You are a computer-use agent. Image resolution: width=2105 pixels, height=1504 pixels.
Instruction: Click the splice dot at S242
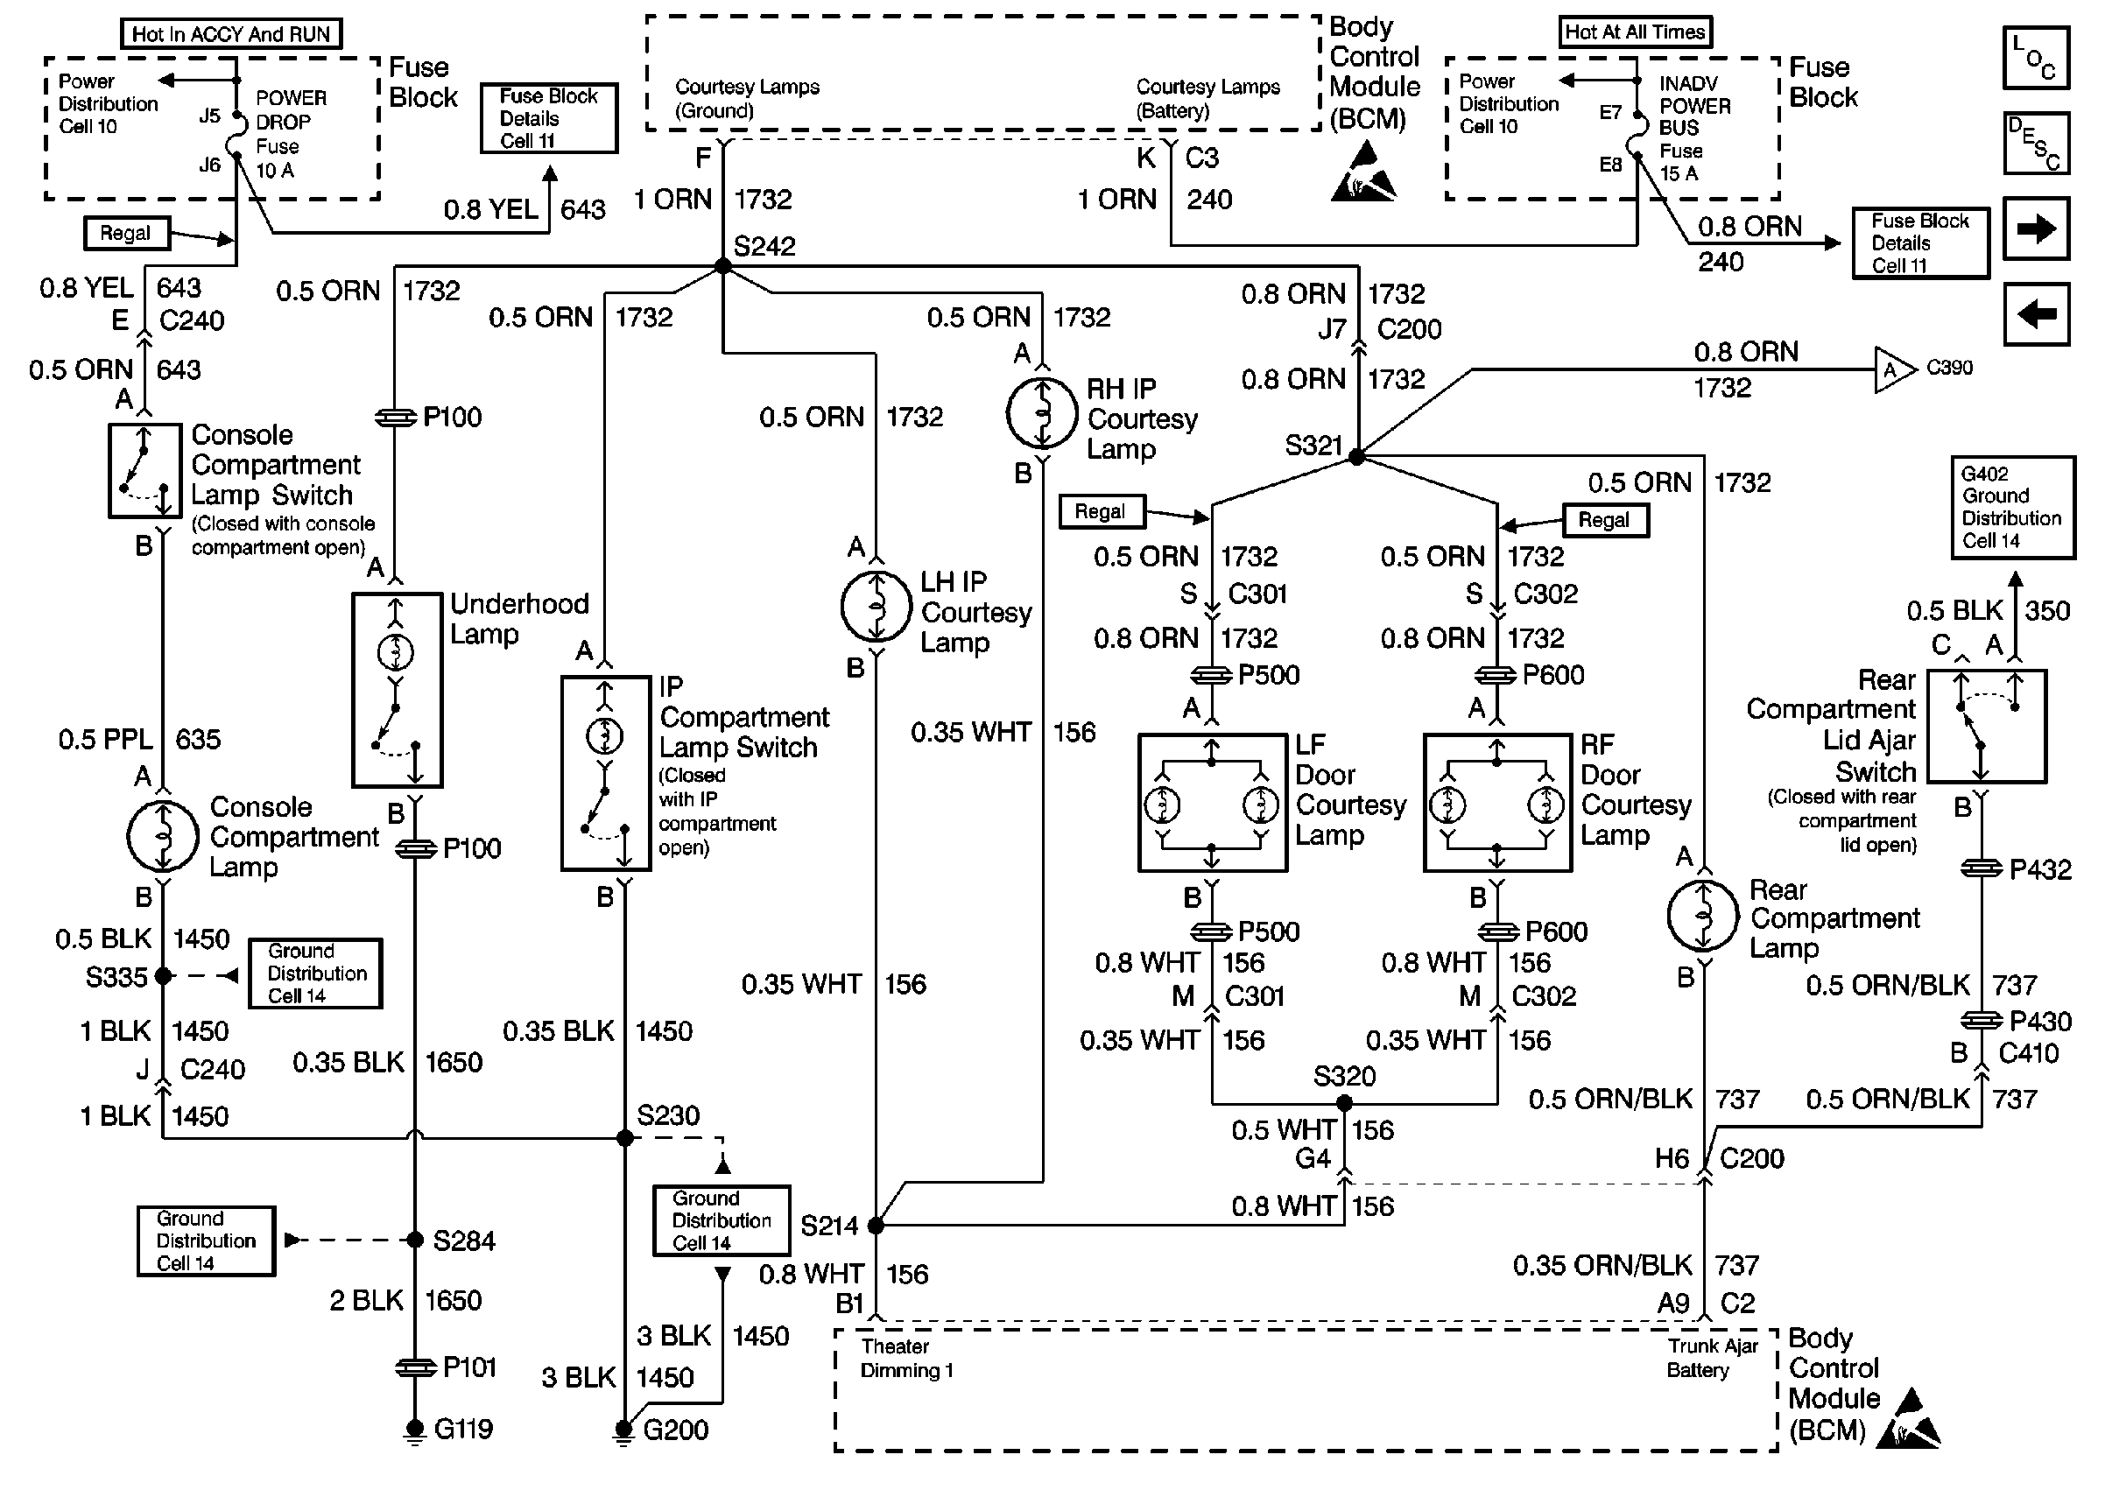point(722,267)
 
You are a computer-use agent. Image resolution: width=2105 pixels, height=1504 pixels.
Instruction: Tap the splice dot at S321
point(1355,457)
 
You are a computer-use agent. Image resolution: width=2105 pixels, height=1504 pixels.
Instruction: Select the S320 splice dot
point(1345,1103)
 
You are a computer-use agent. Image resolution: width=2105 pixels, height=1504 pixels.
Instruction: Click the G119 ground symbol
point(415,1430)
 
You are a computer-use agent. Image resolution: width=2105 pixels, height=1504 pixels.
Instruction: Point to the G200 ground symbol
point(624,1431)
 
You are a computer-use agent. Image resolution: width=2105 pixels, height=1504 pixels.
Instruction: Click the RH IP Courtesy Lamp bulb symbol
point(1042,413)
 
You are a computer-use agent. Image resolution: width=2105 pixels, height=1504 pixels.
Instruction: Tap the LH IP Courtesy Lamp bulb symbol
point(876,607)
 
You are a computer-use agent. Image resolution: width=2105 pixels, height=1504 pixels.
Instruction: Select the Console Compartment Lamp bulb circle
point(162,836)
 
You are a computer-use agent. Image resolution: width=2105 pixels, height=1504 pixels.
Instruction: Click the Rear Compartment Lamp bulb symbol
point(1703,915)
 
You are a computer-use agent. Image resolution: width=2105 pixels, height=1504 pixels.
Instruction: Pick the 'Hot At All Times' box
point(1635,32)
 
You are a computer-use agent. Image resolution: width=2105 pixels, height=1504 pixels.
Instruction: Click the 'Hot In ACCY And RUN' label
point(230,33)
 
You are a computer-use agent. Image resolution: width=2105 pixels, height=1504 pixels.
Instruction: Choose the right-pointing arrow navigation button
point(2036,228)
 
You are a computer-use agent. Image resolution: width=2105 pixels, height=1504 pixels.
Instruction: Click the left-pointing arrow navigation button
point(2036,314)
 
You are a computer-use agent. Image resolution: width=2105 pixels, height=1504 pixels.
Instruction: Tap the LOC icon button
point(2036,58)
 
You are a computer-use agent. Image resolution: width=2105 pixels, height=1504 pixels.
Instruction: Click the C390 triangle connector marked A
point(1894,370)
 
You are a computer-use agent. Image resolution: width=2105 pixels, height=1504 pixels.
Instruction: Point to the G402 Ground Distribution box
point(2012,508)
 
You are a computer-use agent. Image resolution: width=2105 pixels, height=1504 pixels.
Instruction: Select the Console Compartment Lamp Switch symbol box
point(144,470)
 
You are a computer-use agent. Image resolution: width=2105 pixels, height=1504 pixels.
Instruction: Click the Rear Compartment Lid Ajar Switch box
point(1987,727)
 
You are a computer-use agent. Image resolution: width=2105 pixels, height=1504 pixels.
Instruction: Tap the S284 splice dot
point(415,1240)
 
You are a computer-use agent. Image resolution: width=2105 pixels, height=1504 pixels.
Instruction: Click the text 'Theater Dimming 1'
point(906,1359)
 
